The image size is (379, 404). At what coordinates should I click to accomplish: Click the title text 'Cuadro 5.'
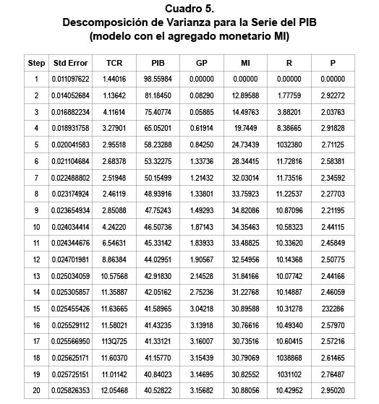pyautogui.click(x=189, y=9)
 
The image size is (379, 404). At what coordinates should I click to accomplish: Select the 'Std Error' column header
pyautogui.click(x=71, y=63)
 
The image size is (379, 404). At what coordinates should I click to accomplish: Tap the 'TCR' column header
pyautogui.click(x=114, y=63)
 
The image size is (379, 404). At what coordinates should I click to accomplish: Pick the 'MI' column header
pyautogui.click(x=244, y=63)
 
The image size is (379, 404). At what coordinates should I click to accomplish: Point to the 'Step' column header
pyautogui.click(x=36, y=63)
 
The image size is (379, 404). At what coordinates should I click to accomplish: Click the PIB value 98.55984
pyautogui.click(x=158, y=79)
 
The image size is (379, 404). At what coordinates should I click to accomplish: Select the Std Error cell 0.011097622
pyautogui.click(x=71, y=79)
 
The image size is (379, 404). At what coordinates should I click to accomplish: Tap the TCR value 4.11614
pyautogui.click(x=114, y=112)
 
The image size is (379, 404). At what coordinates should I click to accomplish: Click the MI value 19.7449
pyautogui.click(x=244, y=128)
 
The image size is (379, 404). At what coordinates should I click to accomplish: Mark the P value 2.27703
pyautogui.click(x=333, y=194)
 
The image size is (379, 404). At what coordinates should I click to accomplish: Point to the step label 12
pyautogui.click(x=36, y=259)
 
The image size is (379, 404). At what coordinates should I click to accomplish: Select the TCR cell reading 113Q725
pyautogui.click(x=114, y=341)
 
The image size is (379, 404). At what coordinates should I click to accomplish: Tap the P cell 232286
pyautogui.click(x=333, y=309)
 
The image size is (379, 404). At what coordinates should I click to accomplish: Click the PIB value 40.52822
pyautogui.click(x=158, y=391)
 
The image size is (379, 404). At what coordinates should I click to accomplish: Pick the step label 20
pyautogui.click(x=36, y=391)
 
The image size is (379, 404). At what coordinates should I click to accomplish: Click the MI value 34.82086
pyautogui.click(x=244, y=210)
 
